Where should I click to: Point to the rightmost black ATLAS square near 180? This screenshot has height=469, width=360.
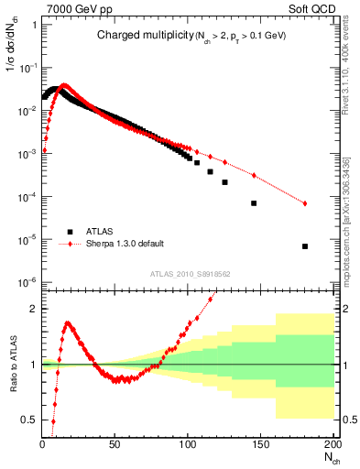(x=304, y=246)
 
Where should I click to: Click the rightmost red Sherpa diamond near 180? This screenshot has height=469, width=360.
(x=304, y=203)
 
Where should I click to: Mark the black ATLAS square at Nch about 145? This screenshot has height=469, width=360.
(x=254, y=203)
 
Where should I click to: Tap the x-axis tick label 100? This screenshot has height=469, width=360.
(x=188, y=444)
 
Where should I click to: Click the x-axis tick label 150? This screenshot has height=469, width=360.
(x=260, y=444)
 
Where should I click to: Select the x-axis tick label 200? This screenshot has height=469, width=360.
(x=332, y=444)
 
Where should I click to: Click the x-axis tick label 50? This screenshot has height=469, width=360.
(x=115, y=444)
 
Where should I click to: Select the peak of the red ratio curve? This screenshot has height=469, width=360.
(x=68, y=322)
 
